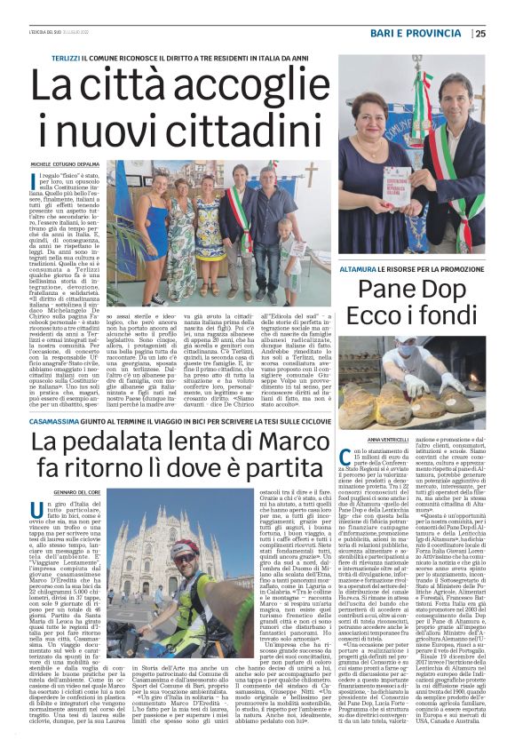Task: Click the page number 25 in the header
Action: coord(504,34)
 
